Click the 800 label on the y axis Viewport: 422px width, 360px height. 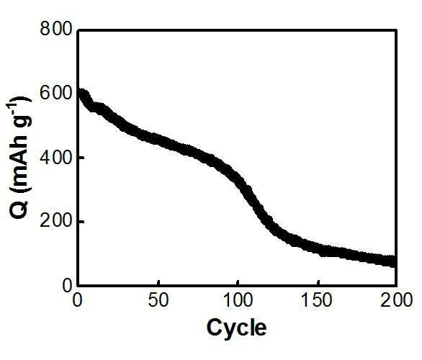(x=56, y=29)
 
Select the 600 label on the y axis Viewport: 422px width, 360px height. (x=56, y=93)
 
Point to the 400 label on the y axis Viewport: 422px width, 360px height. (x=56, y=158)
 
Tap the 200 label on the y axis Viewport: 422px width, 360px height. (x=56, y=222)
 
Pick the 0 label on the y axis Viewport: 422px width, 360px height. (x=67, y=286)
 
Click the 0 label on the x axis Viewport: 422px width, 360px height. (x=78, y=300)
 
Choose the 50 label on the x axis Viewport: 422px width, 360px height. (x=158, y=300)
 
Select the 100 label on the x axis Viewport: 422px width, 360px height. (x=238, y=300)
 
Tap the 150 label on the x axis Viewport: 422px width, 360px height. (x=318, y=300)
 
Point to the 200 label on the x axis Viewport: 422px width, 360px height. (x=396, y=300)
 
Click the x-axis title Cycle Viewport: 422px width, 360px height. (x=237, y=328)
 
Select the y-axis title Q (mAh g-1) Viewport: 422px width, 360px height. (x=20, y=158)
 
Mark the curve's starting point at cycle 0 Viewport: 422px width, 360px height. (x=80, y=95)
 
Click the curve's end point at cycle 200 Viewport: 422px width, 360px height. (x=393, y=261)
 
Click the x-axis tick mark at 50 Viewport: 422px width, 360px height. (x=158, y=282)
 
